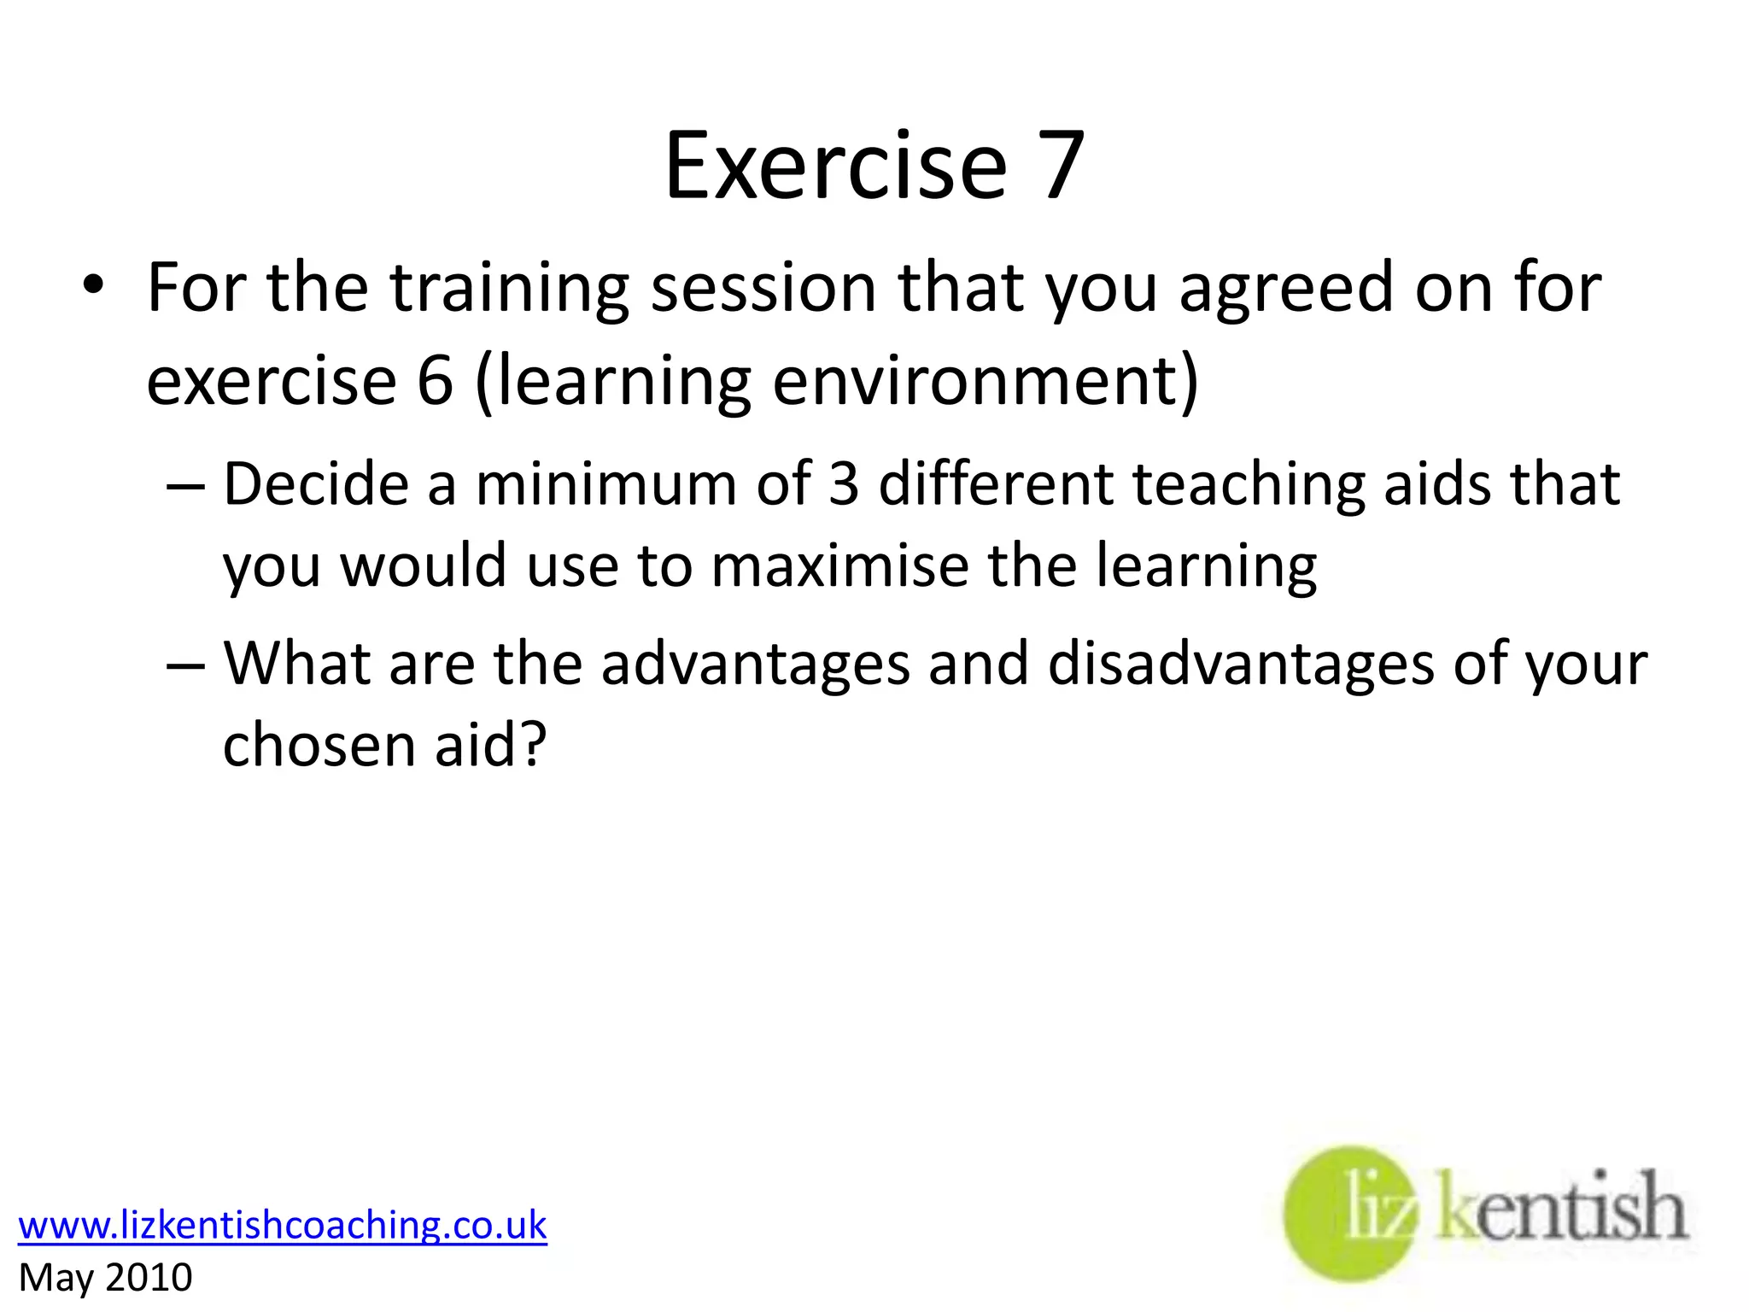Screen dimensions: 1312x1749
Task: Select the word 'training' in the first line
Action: click(509, 289)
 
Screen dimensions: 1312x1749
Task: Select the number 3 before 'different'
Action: click(843, 484)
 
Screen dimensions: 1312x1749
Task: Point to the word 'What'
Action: click(296, 664)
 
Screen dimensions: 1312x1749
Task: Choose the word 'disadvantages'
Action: click(1240, 664)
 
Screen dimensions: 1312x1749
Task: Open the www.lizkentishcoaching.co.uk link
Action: click(282, 1225)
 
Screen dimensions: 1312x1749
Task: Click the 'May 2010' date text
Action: click(105, 1278)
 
